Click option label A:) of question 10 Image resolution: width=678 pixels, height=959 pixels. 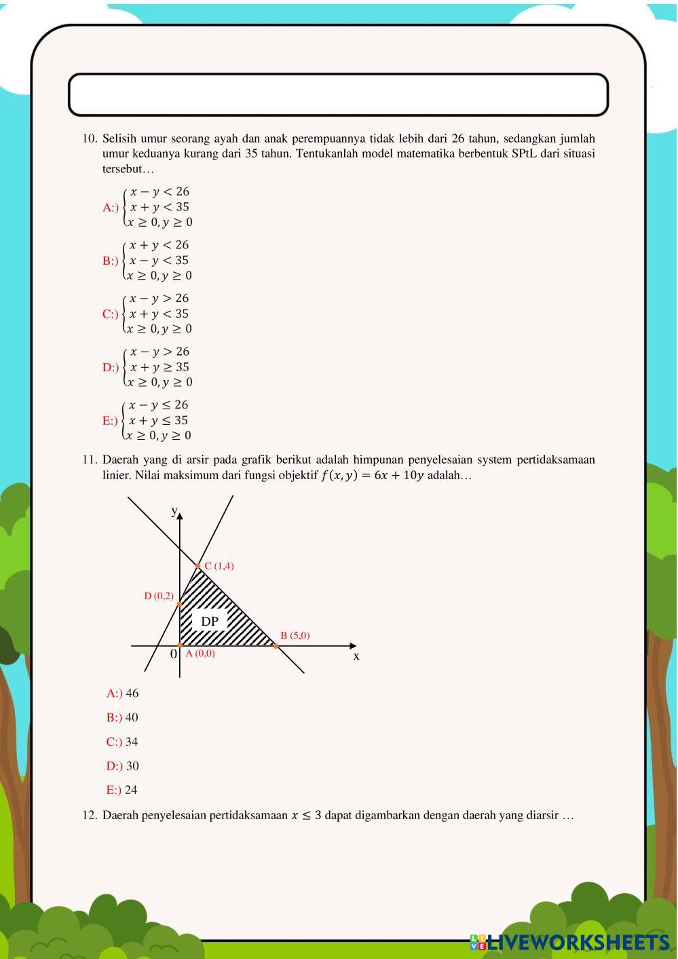(x=111, y=208)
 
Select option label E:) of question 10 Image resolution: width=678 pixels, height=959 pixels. (x=110, y=421)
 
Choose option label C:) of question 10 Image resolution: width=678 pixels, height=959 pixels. (x=111, y=314)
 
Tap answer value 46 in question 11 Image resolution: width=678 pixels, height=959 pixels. (x=132, y=694)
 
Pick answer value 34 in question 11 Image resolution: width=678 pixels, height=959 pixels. (x=132, y=742)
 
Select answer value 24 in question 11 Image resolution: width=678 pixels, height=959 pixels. (x=131, y=790)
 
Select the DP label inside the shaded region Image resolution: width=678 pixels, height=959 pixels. (x=210, y=621)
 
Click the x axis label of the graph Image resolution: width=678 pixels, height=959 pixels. (x=356, y=656)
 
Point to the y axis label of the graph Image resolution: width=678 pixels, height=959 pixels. (x=174, y=510)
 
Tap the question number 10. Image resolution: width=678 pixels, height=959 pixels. (x=90, y=138)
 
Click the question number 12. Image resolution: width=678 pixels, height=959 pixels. (x=90, y=815)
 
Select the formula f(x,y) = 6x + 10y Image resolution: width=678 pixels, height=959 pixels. (x=372, y=475)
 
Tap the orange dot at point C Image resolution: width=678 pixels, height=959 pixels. (x=198, y=566)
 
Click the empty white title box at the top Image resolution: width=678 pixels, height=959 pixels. (x=338, y=94)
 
